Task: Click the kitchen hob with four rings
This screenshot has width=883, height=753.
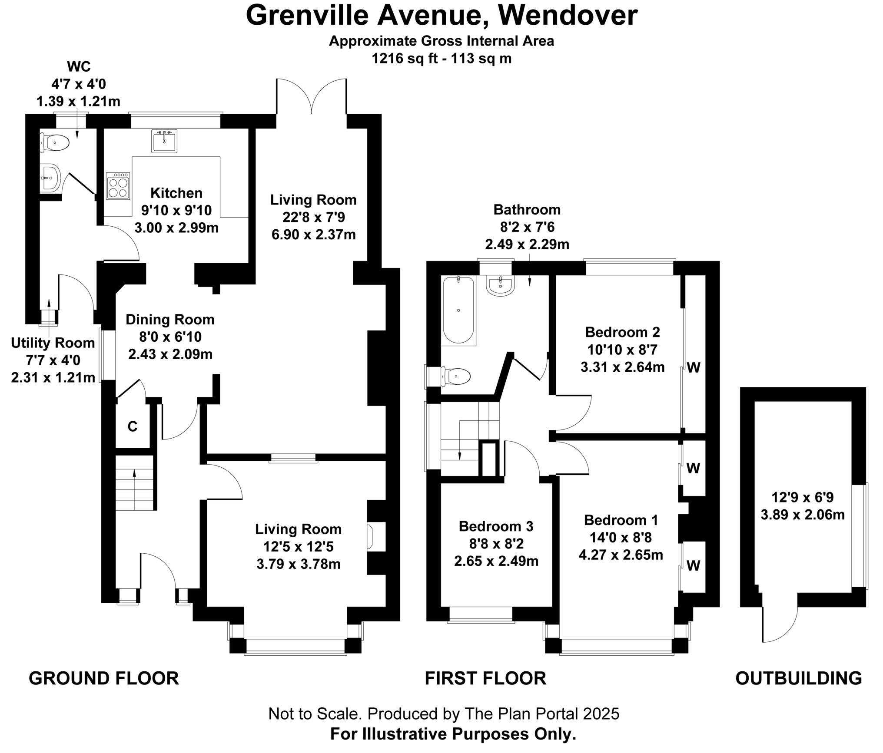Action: click(x=118, y=186)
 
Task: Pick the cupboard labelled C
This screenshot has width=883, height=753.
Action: click(x=133, y=426)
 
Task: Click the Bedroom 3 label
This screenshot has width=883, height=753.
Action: click(x=496, y=526)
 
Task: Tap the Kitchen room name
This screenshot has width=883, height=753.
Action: click(x=176, y=193)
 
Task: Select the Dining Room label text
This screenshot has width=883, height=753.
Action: click(x=170, y=320)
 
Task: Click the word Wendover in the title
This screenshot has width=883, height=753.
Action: click(x=568, y=16)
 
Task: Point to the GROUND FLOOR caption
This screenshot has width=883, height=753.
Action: click(x=104, y=678)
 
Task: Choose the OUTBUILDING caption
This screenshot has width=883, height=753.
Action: click(x=798, y=678)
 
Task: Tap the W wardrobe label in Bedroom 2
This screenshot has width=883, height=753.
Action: click(x=694, y=368)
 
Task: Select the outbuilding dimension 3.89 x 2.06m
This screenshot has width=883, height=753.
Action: click(x=802, y=515)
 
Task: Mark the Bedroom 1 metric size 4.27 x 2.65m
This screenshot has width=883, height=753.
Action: click(x=621, y=555)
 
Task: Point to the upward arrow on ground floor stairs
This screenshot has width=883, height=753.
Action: click(x=134, y=475)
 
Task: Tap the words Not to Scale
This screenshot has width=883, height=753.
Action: click(x=315, y=713)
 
